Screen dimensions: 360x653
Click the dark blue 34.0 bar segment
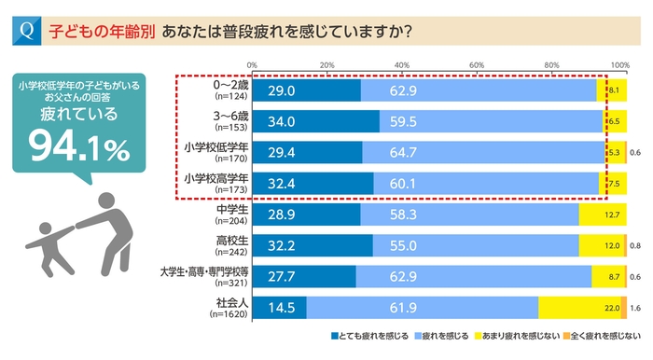315,121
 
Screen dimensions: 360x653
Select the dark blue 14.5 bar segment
279,306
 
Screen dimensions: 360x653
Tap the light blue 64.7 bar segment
483,152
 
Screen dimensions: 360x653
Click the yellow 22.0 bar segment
578,306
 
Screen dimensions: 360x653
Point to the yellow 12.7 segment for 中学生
602,214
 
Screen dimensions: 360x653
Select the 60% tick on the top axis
477,64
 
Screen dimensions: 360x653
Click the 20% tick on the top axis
326,64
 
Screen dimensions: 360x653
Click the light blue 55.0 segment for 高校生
476,244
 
